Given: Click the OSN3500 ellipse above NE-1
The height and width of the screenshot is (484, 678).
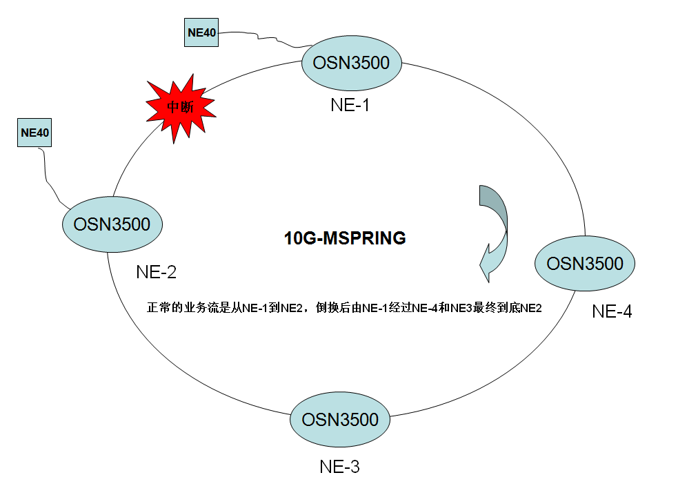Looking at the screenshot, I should (351, 64).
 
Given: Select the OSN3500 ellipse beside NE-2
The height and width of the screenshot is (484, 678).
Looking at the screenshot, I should (112, 224).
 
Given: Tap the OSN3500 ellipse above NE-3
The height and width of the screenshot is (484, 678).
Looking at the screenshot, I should (340, 420).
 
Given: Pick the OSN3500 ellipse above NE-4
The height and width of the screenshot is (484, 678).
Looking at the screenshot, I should (585, 264).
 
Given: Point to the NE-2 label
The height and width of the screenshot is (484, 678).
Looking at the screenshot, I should (156, 272).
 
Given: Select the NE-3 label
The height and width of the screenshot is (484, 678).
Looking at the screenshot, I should (339, 467).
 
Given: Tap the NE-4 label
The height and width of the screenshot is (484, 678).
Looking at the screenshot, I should (612, 311).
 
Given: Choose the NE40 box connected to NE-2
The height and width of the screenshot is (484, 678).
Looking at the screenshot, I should (35, 132).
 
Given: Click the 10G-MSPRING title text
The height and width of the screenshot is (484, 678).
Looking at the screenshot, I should (345, 239).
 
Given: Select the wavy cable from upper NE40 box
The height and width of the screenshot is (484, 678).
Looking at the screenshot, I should (262, 38).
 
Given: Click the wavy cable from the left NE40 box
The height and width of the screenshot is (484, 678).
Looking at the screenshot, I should (48, 176).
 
